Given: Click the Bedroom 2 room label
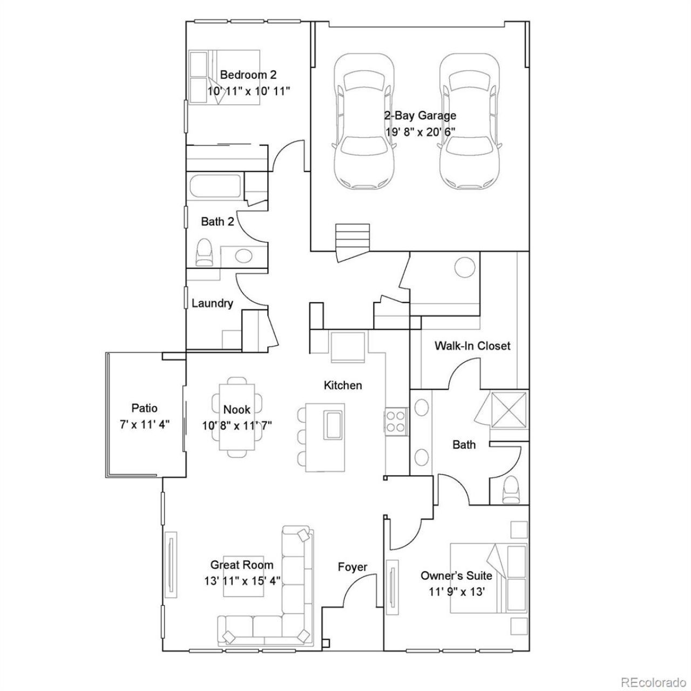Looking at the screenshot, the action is click(x=248, y=75).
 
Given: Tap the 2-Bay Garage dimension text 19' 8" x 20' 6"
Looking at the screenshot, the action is click(x=420, y=132).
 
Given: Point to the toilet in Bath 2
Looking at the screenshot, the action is click(x=205, y=252).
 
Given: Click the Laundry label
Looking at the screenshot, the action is click(x=212, y=303).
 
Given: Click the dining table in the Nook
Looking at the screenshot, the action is click(x=237, y=417).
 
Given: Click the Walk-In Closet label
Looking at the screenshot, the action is click(x=472, y=345).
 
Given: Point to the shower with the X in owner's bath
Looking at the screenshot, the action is click(x=509, y=410).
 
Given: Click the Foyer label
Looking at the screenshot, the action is click(x=353, y=567).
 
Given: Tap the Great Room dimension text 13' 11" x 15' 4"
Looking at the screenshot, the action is click(x=242, y=580).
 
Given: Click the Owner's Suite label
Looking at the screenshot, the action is click(x=456, y=576).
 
